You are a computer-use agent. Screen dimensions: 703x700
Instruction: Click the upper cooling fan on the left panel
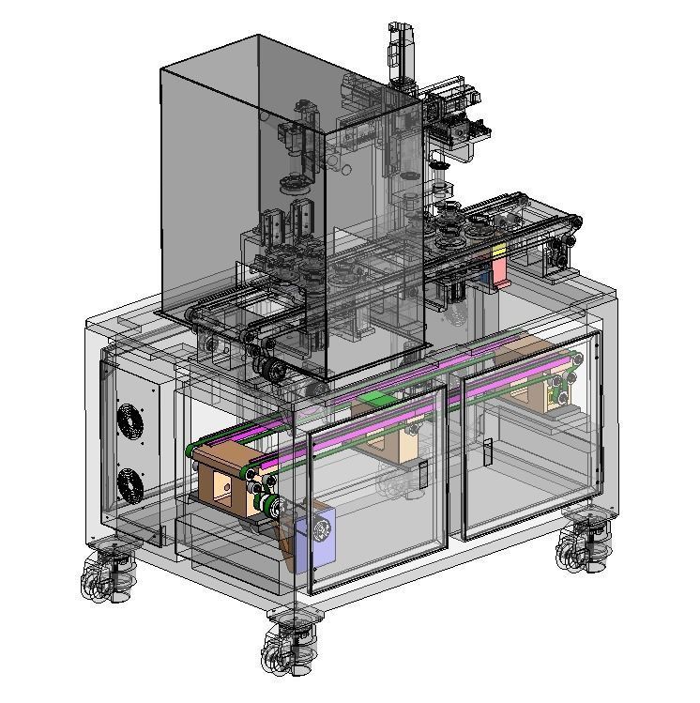[130, 422]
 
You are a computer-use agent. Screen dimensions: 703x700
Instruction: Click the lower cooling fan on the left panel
[129, 483]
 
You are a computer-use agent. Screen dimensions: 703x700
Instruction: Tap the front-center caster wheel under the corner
[289, 643]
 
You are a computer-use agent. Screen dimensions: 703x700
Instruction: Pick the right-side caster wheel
[584, 542]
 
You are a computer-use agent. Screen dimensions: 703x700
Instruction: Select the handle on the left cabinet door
[423, 474]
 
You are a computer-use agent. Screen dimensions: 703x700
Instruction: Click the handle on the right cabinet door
[488, 452]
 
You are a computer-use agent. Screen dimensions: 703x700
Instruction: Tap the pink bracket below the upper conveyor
[499, 270]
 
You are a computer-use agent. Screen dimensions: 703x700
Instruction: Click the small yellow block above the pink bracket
[498, 250]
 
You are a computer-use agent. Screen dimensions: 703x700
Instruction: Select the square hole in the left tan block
[223, 484]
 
